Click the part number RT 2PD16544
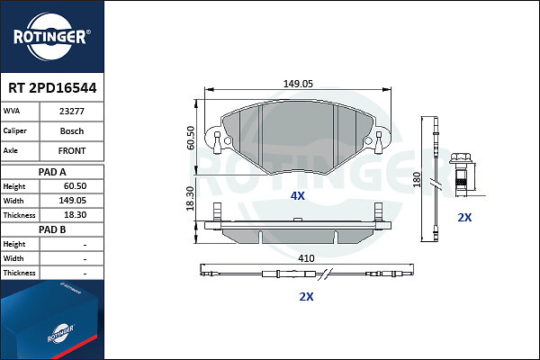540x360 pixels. (x=52, y=88)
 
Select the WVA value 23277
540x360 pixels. (x=72, y=112)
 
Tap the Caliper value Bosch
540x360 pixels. (x=72, y=131)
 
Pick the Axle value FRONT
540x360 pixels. (x=72, y=151)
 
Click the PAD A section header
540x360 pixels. (x=52, y=172)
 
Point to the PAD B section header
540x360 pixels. (x=52, y=229)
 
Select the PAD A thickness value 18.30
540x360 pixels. (x=75, y=215)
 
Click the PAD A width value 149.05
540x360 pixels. (x=72, y=201)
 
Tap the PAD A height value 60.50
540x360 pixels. (x=75, y=186)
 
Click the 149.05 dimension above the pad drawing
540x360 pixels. (x=298, y=84)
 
